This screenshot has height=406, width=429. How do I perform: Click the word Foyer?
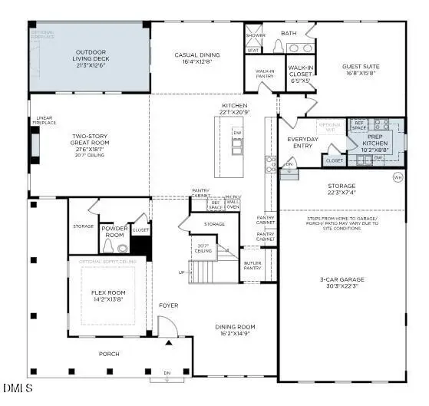point(169,305)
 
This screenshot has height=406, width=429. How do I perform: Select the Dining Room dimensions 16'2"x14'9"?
point(236,333)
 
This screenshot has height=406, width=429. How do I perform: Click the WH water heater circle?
point(398,177)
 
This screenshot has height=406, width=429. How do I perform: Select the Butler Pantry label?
point(253,266)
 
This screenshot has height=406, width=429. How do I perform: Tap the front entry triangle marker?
point(168,343)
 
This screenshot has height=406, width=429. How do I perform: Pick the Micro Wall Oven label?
point(233,202)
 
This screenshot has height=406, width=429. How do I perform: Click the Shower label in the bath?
point(256,35)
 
